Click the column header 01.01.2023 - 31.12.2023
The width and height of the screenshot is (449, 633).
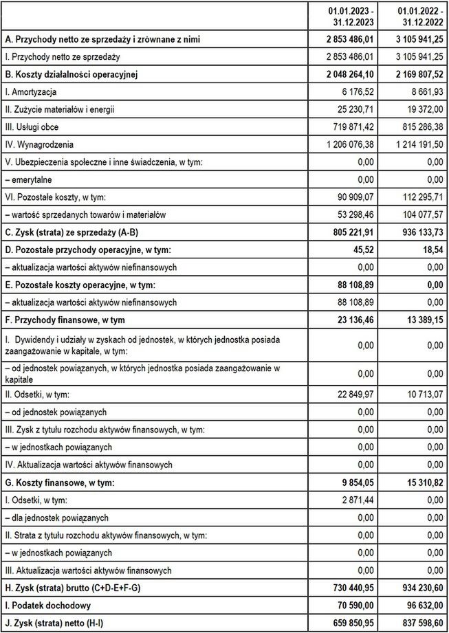(x=351, y=16)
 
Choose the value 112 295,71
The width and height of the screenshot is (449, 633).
(x=421, y=197)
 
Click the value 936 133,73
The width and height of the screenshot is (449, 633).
(x=418, y=232)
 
